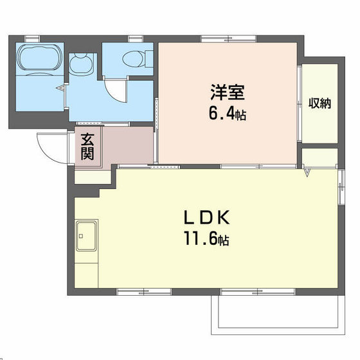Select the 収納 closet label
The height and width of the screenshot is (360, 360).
(x=319, y=103)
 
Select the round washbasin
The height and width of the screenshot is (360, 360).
(x=82, y=64)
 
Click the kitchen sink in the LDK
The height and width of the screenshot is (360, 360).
(x=87, y=237)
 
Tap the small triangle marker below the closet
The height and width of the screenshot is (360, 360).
(x=307, y=172)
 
